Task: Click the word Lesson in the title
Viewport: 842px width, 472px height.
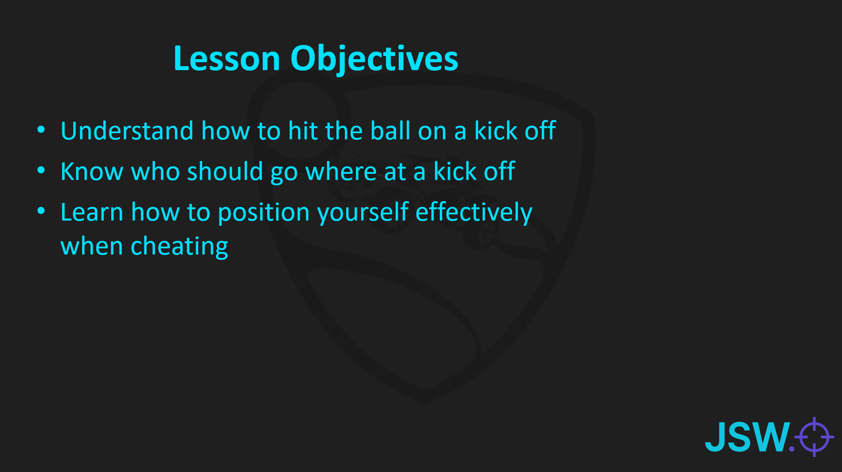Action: coord(227,58)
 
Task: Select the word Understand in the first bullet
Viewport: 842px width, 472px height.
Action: coord(127,131)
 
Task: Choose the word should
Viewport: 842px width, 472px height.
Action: coord(225,171)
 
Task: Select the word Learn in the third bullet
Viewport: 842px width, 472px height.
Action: coord(92,212)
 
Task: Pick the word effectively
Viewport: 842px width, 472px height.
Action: coord(474,213)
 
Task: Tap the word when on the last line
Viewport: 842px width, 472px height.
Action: coord(92,246)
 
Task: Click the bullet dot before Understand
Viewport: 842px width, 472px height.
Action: coord(41,130)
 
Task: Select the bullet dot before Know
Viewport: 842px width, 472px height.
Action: coord(41,170)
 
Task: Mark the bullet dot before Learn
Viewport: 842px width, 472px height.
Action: coord(41,211)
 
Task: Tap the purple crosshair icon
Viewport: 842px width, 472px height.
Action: coord(814,437)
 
